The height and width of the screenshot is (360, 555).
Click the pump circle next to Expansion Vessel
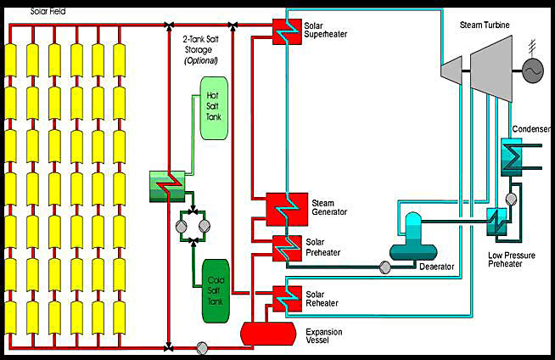click(x=202, y=347)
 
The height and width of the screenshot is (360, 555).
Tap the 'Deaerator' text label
click(x=437, y=267)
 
